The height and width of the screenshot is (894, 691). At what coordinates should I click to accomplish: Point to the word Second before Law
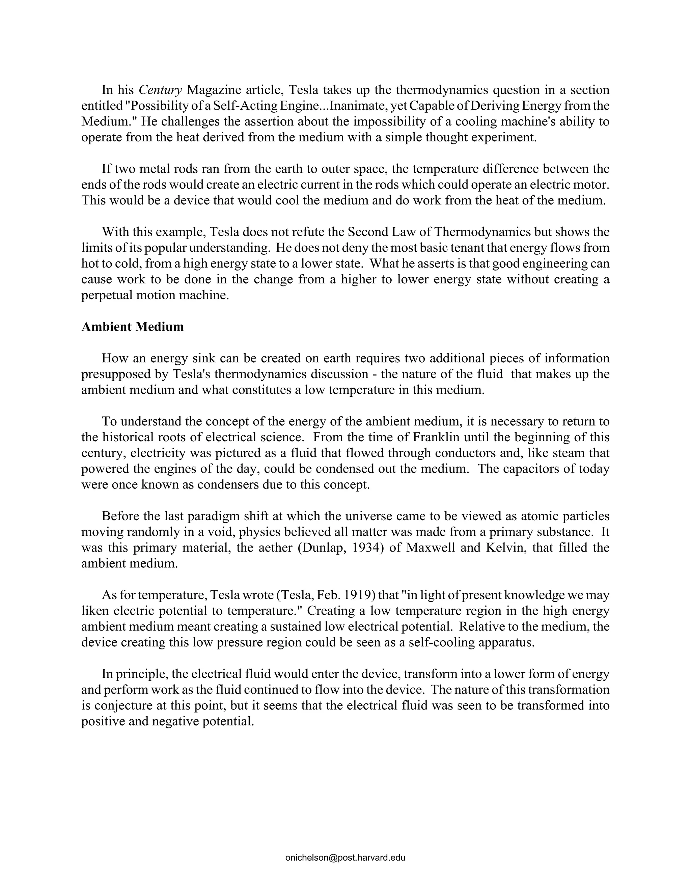tap(366, 232)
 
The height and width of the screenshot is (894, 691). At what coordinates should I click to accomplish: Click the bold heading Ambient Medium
tap(133, 327)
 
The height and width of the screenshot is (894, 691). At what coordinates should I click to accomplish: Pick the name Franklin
tap(438, 437)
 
